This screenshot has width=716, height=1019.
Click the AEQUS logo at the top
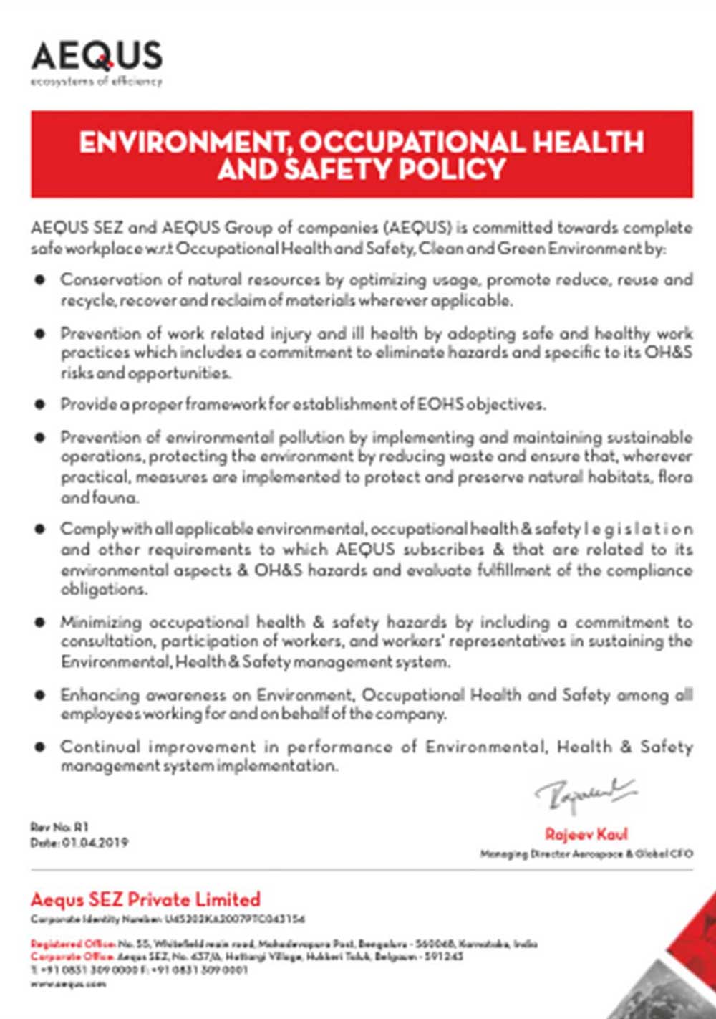point(97,56)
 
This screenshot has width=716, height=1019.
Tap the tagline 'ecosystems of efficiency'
point(97,81)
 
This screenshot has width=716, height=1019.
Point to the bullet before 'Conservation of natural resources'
point(40,279)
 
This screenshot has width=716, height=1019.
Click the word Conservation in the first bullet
point(101,279)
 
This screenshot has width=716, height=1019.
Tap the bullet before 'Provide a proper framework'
point(40,404)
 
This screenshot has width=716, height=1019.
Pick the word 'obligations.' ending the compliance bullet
point(105,590)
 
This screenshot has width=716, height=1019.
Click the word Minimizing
point(100,622)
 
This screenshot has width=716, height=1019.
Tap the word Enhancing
point(100,694)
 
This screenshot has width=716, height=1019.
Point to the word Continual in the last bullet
point(100,747)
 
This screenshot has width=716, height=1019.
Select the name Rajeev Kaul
point(586,834)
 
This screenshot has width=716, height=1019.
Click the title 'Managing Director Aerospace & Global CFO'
point(586,853)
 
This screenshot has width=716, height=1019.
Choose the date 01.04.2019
point(95,843)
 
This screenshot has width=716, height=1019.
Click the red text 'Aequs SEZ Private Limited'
point(145,899)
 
